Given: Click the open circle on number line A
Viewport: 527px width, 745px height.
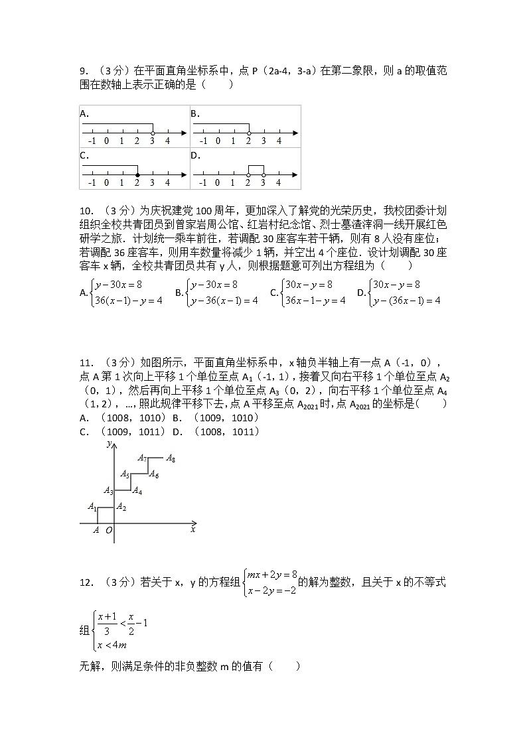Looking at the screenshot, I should click(x=153, y=133).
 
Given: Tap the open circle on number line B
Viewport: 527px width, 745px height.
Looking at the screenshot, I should click(x=249, y=133).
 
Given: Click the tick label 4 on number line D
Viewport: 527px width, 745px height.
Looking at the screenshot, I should click(x=279, y=183).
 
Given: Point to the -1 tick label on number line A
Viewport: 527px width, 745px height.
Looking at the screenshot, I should click(x=92, y=141).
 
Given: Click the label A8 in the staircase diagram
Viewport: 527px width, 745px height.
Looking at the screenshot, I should click(x=171, y=458).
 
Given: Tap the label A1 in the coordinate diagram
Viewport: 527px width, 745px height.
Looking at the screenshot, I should click(x=92, y=507).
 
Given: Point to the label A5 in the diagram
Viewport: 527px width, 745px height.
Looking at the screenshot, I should click(x=124, y=474).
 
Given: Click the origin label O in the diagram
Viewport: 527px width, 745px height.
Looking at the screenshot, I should click(x=109, y=530).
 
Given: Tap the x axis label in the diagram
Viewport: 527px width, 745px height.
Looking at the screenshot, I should click(x=193, y=529).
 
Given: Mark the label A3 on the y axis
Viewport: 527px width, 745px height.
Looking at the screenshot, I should click(x=109, y=491).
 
